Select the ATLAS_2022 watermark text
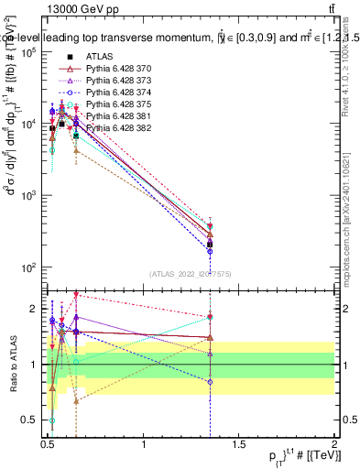pyautogui.click(x=191, y=273)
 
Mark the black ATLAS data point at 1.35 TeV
pyautogui.click(x=211, y=245)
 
